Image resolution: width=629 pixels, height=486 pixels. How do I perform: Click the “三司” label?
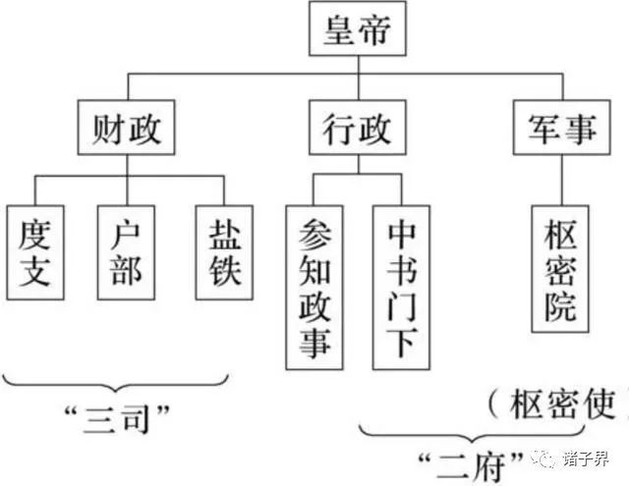coord(122,420)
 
